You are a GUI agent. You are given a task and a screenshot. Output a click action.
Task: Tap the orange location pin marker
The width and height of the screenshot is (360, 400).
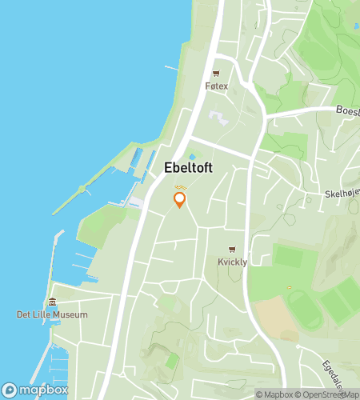pyautogui.click(x=180, y=199)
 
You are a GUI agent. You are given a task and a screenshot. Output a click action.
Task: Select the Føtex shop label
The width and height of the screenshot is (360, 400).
pyautogui.click(x=216, y=86)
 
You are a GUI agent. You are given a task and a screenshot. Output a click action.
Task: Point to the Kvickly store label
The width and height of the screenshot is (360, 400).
pyautogui.click(x=232, y=262)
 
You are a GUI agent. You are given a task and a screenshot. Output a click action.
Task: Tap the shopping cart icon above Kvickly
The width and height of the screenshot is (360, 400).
pyautogui.click(x=232, y=250)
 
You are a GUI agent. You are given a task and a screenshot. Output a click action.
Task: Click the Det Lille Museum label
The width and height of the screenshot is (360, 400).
pyautogui.click(x=52, y=314)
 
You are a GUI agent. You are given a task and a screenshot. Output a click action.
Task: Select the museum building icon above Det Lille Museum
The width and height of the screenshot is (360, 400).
pyautogui.click(x=52, y=302)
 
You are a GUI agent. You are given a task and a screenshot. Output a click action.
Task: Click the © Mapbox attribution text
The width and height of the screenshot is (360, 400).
pyautogui.click(x=274, y=394)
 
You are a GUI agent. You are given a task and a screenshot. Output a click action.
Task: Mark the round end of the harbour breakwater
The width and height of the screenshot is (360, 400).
pyautogui.click(x=81, y=189)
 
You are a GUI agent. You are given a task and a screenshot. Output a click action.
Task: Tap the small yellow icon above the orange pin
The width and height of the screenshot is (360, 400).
pyautogui.click(x=179, y=186)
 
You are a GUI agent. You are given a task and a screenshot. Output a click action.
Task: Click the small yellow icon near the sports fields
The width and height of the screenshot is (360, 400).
pyautogui.click(x=289, y=287)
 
